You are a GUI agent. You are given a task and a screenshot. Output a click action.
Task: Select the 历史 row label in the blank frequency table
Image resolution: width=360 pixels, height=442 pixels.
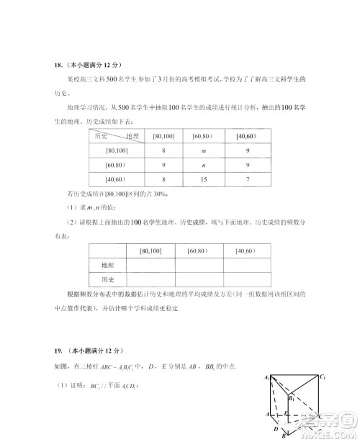tap(107, 280)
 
